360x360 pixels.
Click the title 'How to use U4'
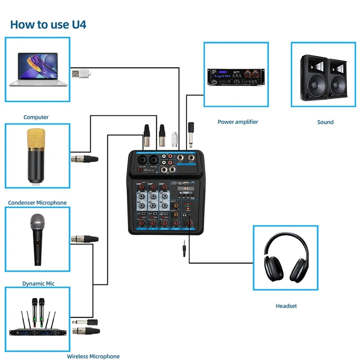coord(48,24)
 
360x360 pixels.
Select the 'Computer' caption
coord(36,117)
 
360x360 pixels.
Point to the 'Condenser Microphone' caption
coord(37,202)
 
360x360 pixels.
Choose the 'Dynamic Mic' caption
coord(38,283)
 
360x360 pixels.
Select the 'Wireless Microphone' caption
coord(93,356)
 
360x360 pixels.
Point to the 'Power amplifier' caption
coord(238,121)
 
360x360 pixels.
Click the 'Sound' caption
coord(325,122)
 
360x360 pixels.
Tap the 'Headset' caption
coord(286,306)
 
